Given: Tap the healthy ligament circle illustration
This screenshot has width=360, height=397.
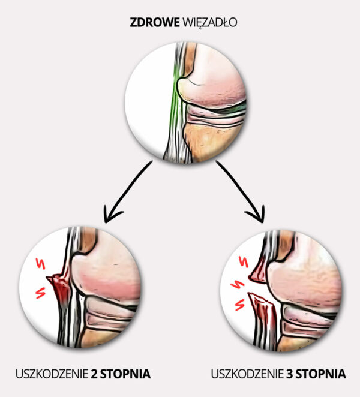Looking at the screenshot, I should pyautogui.click(x=186, y=101).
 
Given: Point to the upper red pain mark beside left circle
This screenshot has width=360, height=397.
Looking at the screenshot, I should pyautogui.click(x=42, y=263).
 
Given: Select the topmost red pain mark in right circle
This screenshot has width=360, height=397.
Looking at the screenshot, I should pyautogui.click(x=245, y=262).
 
